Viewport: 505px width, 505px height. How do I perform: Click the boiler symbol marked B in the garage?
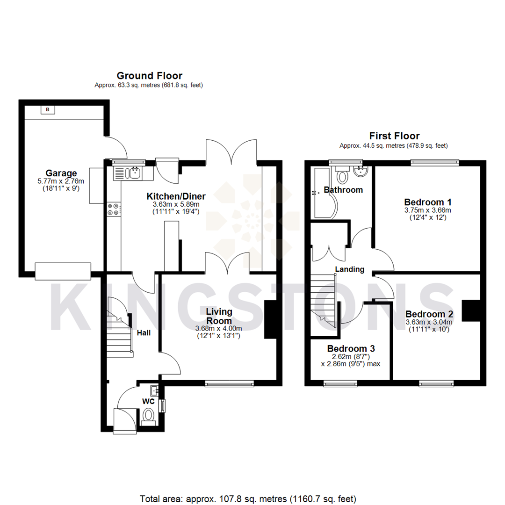(47, 109)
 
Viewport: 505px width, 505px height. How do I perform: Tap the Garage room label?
(61, 173)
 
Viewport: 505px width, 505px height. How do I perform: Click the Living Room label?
(219, 316)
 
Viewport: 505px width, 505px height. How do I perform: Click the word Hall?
(143, 333)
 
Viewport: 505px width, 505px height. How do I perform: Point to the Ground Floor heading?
(149, 76)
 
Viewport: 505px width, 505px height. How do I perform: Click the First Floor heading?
(388, 136)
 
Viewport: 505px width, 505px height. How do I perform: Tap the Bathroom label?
(343, 190)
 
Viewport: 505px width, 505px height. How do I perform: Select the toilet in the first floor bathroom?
(343, 177)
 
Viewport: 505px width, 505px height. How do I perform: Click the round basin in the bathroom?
(361, 173)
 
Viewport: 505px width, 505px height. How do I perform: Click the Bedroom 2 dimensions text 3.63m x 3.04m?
(429, 322)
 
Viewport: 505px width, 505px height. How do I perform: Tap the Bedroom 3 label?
(351, 349)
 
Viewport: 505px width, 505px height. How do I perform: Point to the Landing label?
(350, 269)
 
